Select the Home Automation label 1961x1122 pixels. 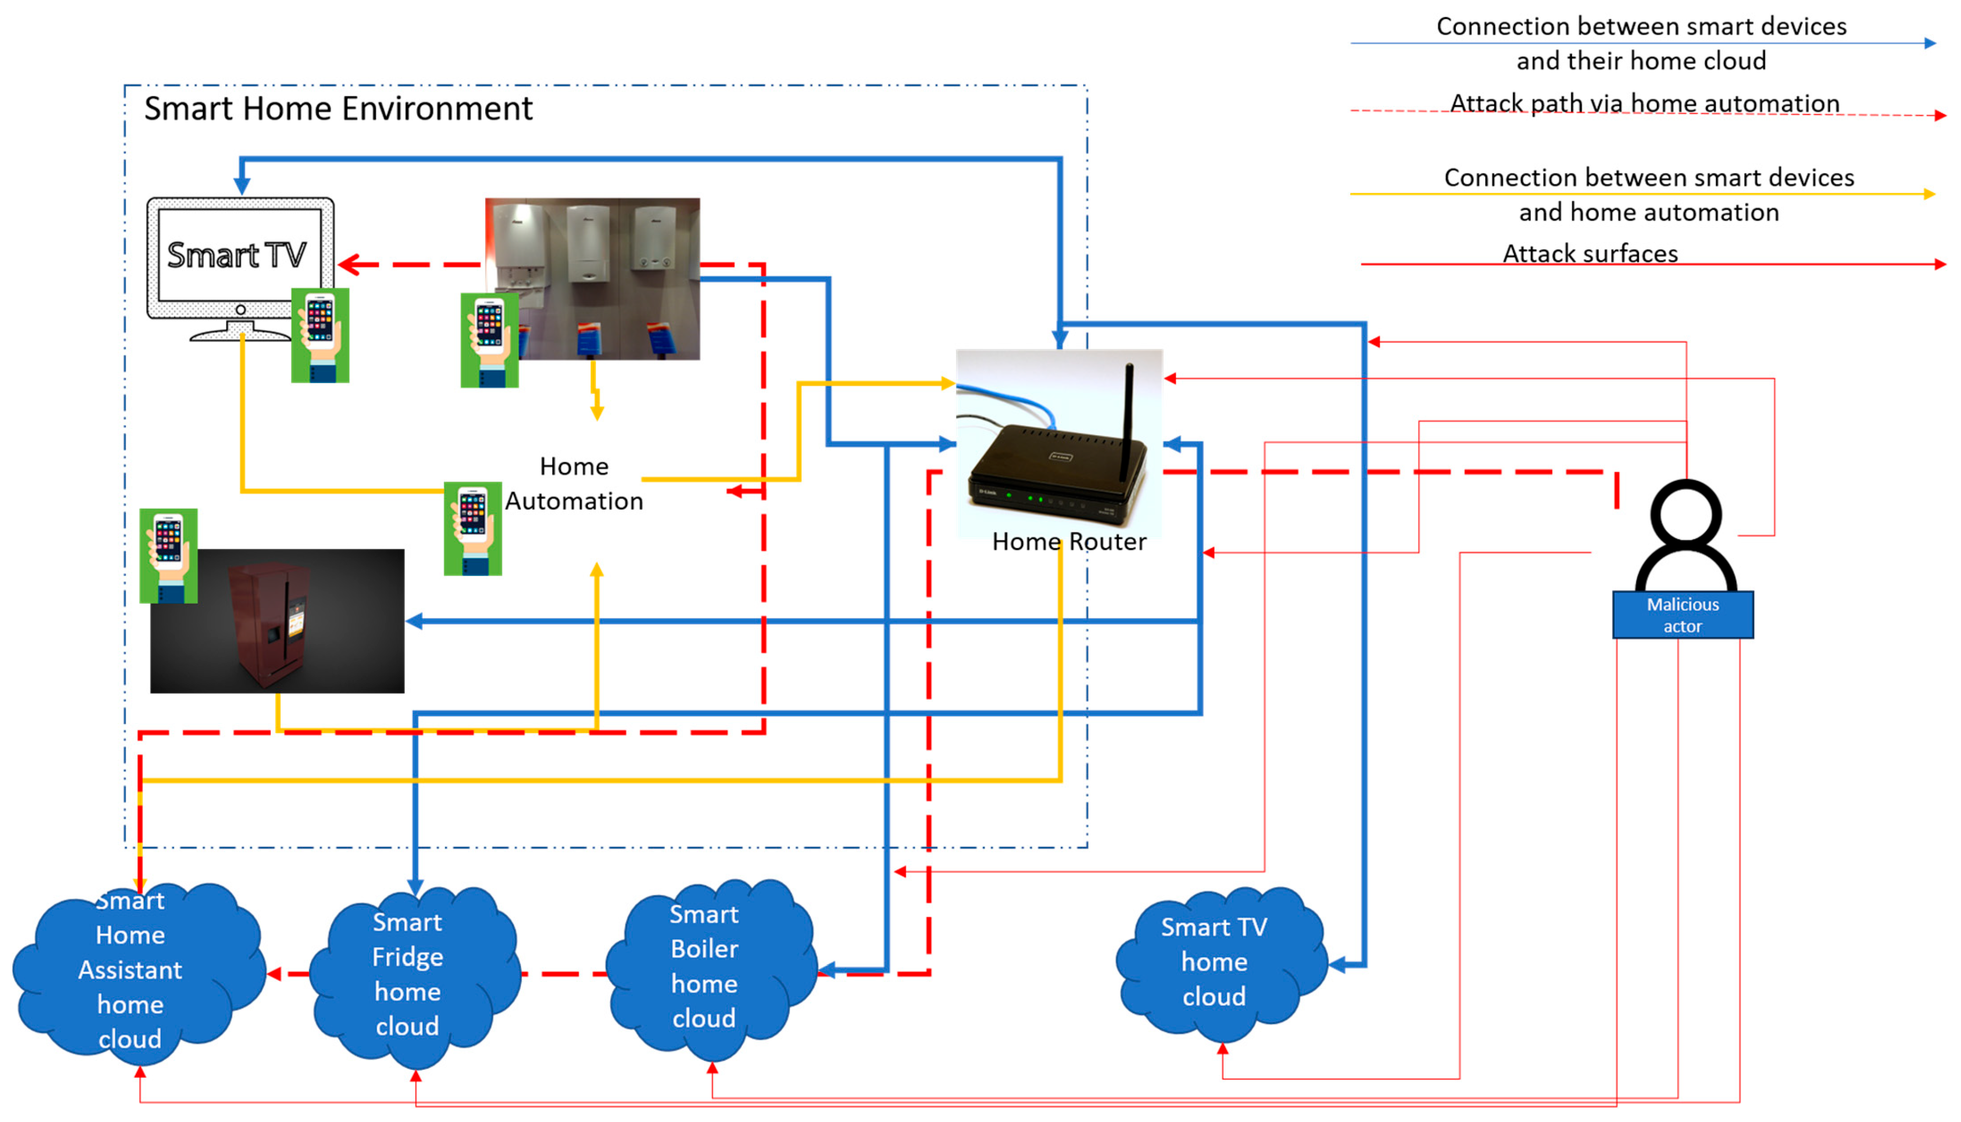click(574, 484)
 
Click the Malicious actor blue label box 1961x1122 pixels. click(1682, 615)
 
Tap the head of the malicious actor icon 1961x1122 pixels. click(1685, 513)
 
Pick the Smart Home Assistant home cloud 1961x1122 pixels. click(131, 971)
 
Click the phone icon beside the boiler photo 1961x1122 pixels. click(489, 340)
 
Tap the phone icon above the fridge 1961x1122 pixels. click(168, 555)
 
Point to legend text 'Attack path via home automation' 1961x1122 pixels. click(1644, 103)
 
